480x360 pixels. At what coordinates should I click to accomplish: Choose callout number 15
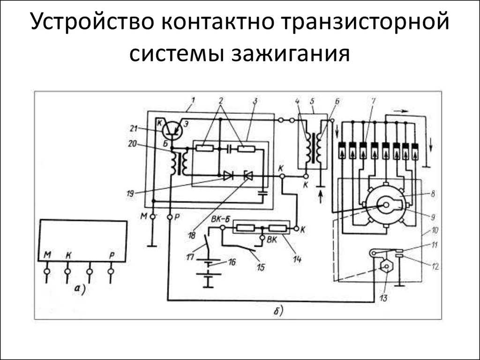[261, 267]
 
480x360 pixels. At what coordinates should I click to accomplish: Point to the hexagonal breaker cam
[385, 267]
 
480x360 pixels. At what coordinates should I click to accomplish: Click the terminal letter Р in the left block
[111, 255]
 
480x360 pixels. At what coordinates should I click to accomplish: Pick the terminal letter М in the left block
[47, 255]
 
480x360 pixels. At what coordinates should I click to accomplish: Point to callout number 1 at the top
[193, 100]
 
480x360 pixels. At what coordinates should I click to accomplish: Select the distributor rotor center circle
[385, 205]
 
